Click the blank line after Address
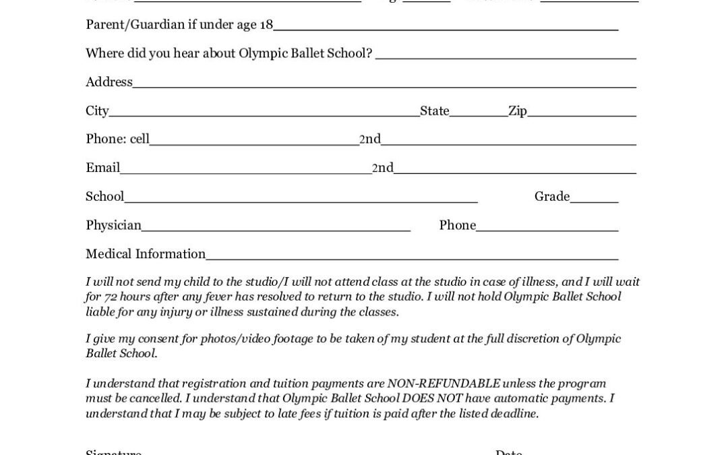tap(384, 85)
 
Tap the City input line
tap(264, 114)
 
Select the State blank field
tap(479, 114)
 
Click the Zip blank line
tap(581, 114)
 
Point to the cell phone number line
tap(254, 142)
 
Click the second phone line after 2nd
tap(508, 142)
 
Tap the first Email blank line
tap(245, 171)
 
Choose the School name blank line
tap(301, 200)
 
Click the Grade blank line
tap(594, 200)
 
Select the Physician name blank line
tap(276, 229)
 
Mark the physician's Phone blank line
tap(547, 229)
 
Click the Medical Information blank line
tap(412, 257)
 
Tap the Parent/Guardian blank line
tap(446, 28)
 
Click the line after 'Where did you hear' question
tap(506, 57)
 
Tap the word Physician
tap(113, 225)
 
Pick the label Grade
tap(552, 197)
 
